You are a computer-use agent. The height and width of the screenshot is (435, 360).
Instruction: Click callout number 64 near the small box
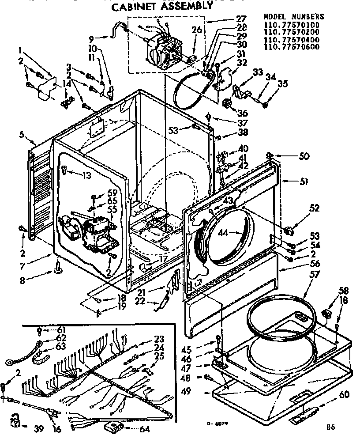point(144,429)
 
